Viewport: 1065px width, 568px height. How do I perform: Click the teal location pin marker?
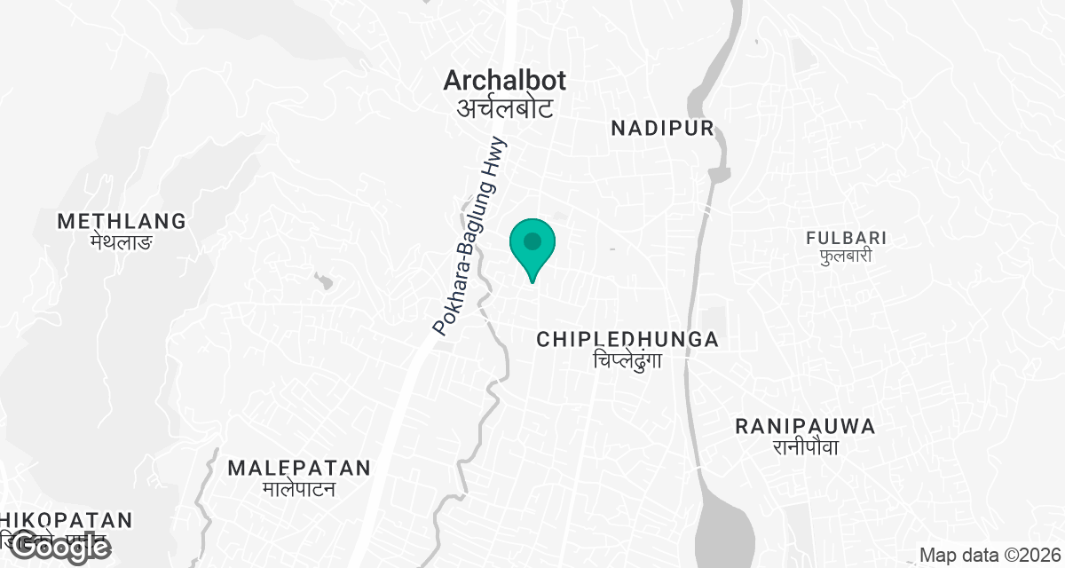pos(532,248)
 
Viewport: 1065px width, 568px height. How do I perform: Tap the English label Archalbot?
pos(504,81)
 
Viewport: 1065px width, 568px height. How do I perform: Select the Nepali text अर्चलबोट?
pos(504,108)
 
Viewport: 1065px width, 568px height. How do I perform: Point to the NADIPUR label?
pos(662,129)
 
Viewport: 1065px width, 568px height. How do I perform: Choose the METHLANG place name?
pos(122,221)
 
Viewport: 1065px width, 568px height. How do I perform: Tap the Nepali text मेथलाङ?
pos(122,241)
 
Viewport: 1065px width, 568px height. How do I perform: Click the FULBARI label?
pos(847,238)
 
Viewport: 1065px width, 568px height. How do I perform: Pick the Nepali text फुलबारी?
pos(847,256)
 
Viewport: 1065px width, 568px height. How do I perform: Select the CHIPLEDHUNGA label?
pos(627,339)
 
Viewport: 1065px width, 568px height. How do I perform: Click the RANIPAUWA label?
pos(805,427)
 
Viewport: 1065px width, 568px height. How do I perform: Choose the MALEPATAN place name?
pos(298,468)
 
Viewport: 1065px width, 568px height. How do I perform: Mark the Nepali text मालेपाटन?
pos(298,488)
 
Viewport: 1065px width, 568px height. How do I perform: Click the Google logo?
pos(59,548)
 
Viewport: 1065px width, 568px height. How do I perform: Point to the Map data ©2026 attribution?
pos(990,556)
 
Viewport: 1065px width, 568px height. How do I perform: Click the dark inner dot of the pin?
pos(532,241)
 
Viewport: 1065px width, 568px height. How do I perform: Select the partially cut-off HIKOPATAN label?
pos(66,520)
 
